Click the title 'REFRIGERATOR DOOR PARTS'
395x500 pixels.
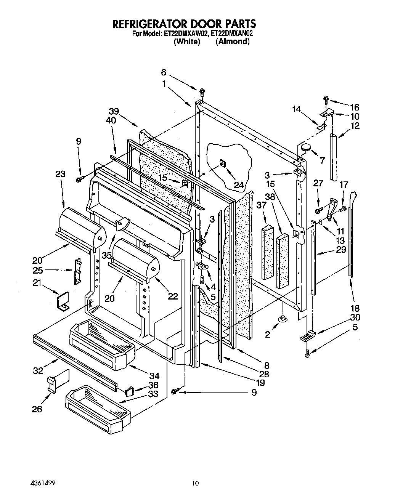(x=183, y=24)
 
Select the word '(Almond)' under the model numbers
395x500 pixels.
(x=232, y=42)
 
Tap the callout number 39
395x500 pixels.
(x=114, y=112)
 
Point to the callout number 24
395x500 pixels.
(x=239, y=185)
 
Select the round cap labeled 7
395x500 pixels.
(x=305, y=148)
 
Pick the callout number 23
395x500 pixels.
(x=60, y=174)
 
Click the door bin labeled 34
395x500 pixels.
(x=101, y=343)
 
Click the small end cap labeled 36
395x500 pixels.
(x=129, y=391)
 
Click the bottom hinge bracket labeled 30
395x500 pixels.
(x=308, y=336)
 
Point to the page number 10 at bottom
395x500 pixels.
(x=195, y=484)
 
